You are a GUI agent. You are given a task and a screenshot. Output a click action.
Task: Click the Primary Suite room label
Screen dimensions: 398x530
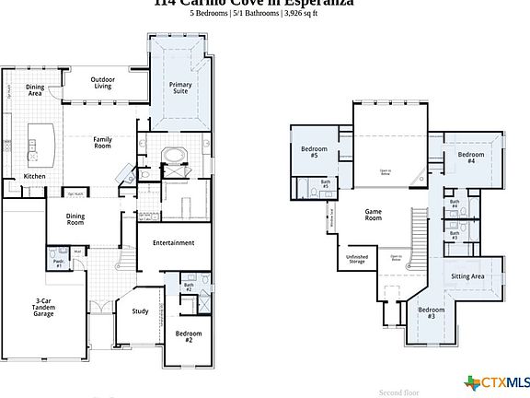[180, 88]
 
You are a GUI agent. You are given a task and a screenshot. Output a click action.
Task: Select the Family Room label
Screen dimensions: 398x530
[102, 143]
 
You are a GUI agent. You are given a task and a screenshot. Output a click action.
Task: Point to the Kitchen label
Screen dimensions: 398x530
[34, 176]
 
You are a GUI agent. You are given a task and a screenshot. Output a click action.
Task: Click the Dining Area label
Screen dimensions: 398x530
[34, 91]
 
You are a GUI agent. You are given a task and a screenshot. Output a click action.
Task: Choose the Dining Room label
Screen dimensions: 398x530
[75, 219]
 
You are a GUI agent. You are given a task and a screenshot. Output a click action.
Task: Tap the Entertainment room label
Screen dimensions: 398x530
[173, 243]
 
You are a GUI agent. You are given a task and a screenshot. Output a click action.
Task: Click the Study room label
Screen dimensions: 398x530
[140, 311]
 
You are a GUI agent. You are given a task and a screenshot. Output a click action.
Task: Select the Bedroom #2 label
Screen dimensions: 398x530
[188, 336]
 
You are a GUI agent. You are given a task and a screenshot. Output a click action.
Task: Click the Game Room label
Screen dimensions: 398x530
[373, 216]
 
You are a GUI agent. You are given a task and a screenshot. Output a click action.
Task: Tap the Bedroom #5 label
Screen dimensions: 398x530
[308, 153]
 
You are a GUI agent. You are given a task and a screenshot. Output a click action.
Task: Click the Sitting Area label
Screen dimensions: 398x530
[468, 275]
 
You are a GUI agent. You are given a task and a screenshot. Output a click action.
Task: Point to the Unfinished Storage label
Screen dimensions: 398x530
[358, 261]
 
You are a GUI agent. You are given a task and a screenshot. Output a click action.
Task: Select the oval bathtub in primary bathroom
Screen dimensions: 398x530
[175, 156]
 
